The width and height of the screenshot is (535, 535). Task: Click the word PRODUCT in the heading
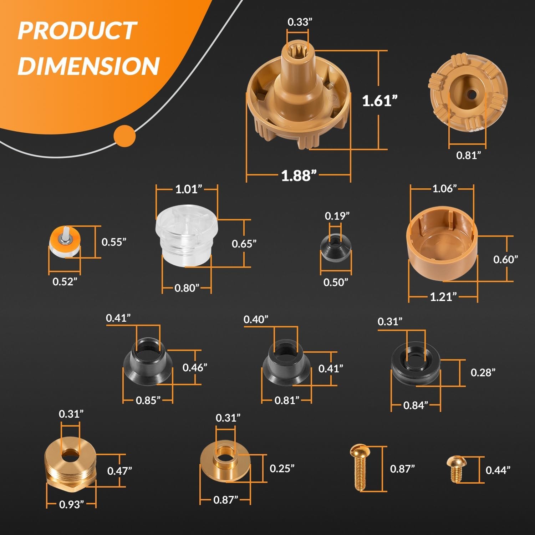point(77,31)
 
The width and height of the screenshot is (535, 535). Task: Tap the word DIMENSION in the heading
point(88,66)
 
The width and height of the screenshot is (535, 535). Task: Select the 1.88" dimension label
point(299,175)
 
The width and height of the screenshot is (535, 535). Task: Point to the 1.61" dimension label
point(379,101)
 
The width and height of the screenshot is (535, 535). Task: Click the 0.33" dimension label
point(300,22)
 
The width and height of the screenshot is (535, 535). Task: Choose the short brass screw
point(455,468)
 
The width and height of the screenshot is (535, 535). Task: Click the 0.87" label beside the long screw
point(402,469)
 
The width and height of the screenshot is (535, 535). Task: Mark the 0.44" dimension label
point(498,470)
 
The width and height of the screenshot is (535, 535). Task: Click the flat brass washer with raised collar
point(225,462)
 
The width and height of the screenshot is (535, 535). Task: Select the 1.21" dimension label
point(443,297)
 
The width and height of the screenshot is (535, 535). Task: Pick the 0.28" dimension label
point(483,373)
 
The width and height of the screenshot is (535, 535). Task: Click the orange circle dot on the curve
point(124,136)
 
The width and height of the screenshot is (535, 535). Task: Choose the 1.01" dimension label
point(188,189)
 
